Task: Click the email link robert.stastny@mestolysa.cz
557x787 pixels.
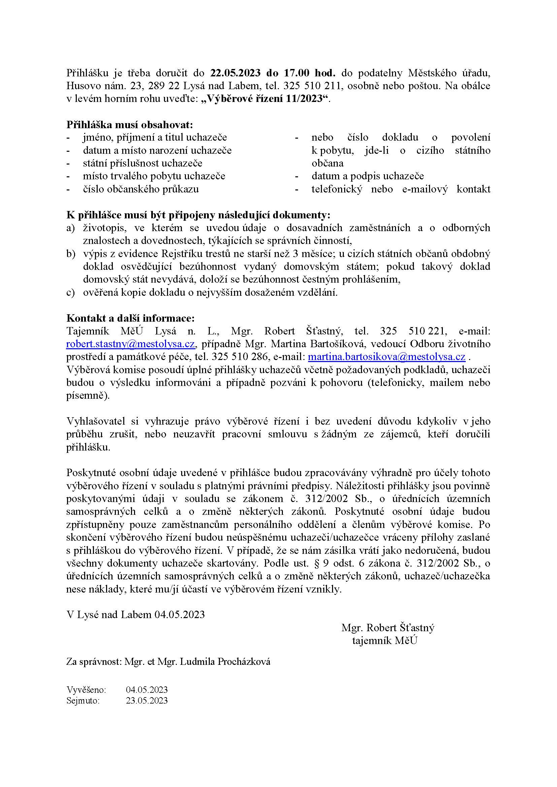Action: [x=131, y=344]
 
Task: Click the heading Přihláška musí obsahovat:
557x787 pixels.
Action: [x=130, y=124]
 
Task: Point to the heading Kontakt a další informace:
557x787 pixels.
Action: [x=130, y=318]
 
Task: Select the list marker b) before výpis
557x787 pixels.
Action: [x=70, y=254]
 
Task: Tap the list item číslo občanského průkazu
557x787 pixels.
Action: [x=141, y=189]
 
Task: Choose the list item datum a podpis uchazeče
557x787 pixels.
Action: [x=367, y=176]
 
